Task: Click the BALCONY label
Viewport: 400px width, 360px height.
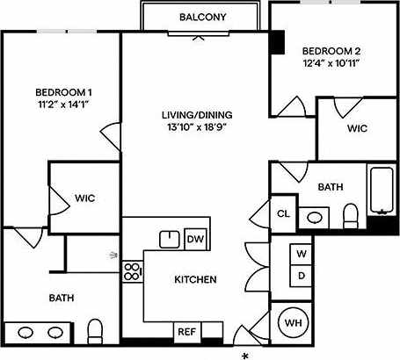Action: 202,18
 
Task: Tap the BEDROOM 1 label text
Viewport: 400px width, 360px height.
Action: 64,93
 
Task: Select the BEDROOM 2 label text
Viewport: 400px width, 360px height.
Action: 331,50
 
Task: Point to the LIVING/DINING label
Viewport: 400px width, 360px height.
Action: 195,115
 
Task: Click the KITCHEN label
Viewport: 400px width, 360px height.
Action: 195,280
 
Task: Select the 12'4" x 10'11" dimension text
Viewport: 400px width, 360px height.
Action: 331,63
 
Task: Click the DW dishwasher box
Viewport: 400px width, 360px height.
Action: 195,239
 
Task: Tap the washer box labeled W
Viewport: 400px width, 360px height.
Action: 301,254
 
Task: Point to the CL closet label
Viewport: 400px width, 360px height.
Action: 283,213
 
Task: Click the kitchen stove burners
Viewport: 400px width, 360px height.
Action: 133,270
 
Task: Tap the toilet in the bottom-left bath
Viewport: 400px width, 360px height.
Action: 97,331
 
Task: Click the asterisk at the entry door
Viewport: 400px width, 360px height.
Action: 245,355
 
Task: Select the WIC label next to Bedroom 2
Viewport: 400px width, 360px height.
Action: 356,129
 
